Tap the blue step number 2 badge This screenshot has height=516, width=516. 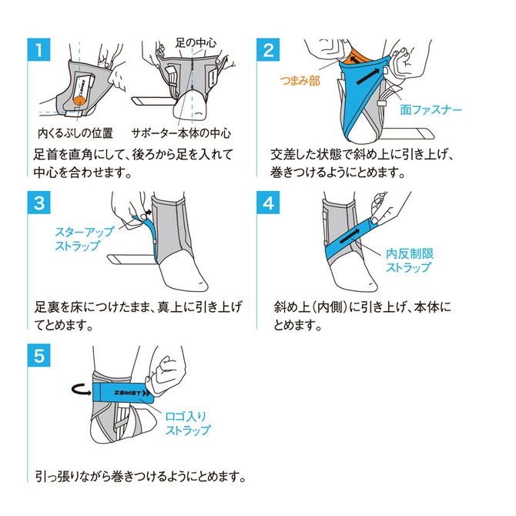(267, 51)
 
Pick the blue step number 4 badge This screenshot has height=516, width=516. (267, 205)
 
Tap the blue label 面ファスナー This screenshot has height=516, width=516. (431, 110)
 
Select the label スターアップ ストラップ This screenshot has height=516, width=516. (83, 239)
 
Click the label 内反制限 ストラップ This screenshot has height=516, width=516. (408, 260)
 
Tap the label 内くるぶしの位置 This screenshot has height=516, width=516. (75, 132)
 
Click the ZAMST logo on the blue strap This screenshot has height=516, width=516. (122, 391)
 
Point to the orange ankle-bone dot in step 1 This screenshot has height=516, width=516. (80, 99)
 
